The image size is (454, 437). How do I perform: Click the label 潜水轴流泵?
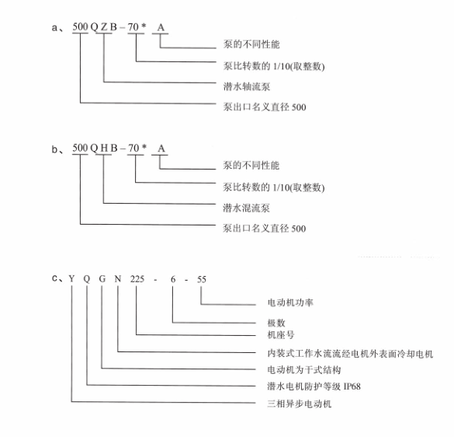coord(246,86)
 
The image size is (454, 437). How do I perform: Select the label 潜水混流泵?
coord(246,208)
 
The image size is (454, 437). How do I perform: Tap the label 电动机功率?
coord(290,302)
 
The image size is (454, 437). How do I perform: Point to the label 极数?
coord(276,323)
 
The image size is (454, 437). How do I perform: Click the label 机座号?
coord(281,335)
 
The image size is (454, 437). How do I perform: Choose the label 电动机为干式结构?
coord(303,369)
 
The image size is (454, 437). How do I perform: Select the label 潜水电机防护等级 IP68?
coord(314,386)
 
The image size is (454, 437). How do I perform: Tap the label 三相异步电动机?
coord(299,404)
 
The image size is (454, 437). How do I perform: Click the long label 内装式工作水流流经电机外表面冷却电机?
coord(350,354)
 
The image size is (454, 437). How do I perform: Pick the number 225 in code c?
coord(137,279)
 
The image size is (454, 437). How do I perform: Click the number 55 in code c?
coord(202,279)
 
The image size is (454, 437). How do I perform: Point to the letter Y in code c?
coord(71,279)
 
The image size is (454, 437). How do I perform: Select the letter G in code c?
coord(102,279)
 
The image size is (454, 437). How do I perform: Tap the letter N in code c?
coord(117,279)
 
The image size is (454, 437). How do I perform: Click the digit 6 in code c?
coord(173,279)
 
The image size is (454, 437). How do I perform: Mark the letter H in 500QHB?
coord(104,149)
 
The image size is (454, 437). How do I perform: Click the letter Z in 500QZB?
coord(104,27)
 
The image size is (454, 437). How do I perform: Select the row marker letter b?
coord(54,149)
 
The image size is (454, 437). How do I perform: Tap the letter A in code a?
coord(161,27)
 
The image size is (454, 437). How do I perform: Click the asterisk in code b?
coord(144,146)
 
